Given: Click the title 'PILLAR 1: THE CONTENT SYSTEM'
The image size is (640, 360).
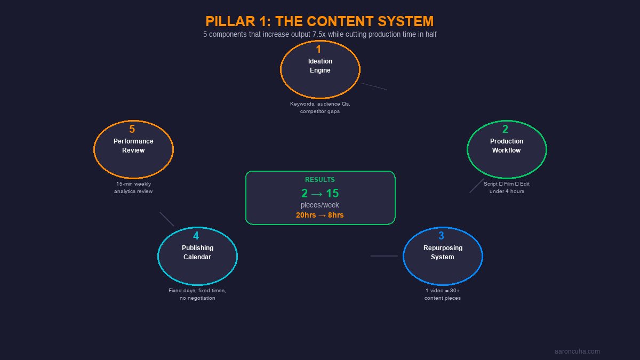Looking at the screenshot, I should click(x=319, y=21).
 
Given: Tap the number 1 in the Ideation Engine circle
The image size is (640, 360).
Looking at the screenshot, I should click(x=318, y=49).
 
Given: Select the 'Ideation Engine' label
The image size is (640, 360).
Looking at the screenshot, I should click(x=320, y=66).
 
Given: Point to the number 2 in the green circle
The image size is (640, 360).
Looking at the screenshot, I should click(x=505, y=129).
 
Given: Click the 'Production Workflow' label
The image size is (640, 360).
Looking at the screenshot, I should click(x=507, y=146).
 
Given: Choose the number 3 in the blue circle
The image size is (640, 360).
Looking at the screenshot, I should click(x=441, y=236).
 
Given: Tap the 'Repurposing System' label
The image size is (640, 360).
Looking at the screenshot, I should click(x=443, y=252).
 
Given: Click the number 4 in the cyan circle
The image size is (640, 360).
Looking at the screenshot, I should click(x=196, y=236).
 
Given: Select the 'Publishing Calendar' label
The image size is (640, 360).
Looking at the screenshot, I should click(x=197, y=252).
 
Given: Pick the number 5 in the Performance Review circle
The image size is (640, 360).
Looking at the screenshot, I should click(x=132, y=129).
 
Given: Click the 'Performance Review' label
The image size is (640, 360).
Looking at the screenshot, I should click(x=133, y=146).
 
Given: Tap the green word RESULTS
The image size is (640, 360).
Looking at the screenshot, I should click(x=320, y=180).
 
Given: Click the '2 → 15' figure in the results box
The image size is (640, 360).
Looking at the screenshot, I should click(x=320, y=194).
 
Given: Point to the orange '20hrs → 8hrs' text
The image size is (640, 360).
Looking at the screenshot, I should click(x=320, y=215).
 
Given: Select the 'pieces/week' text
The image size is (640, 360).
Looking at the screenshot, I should click(x=320, y=205).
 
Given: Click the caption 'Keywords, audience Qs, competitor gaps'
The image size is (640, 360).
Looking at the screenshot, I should click(x=320, y=108).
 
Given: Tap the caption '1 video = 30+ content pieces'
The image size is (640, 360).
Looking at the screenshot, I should click(x=443, y=294).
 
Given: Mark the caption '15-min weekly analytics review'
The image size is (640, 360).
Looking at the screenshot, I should click(x=133, y=188).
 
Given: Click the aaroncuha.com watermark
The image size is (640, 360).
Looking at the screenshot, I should click(x=577, y=351).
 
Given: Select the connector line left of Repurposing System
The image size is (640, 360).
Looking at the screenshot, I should click(x=384, y=256).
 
